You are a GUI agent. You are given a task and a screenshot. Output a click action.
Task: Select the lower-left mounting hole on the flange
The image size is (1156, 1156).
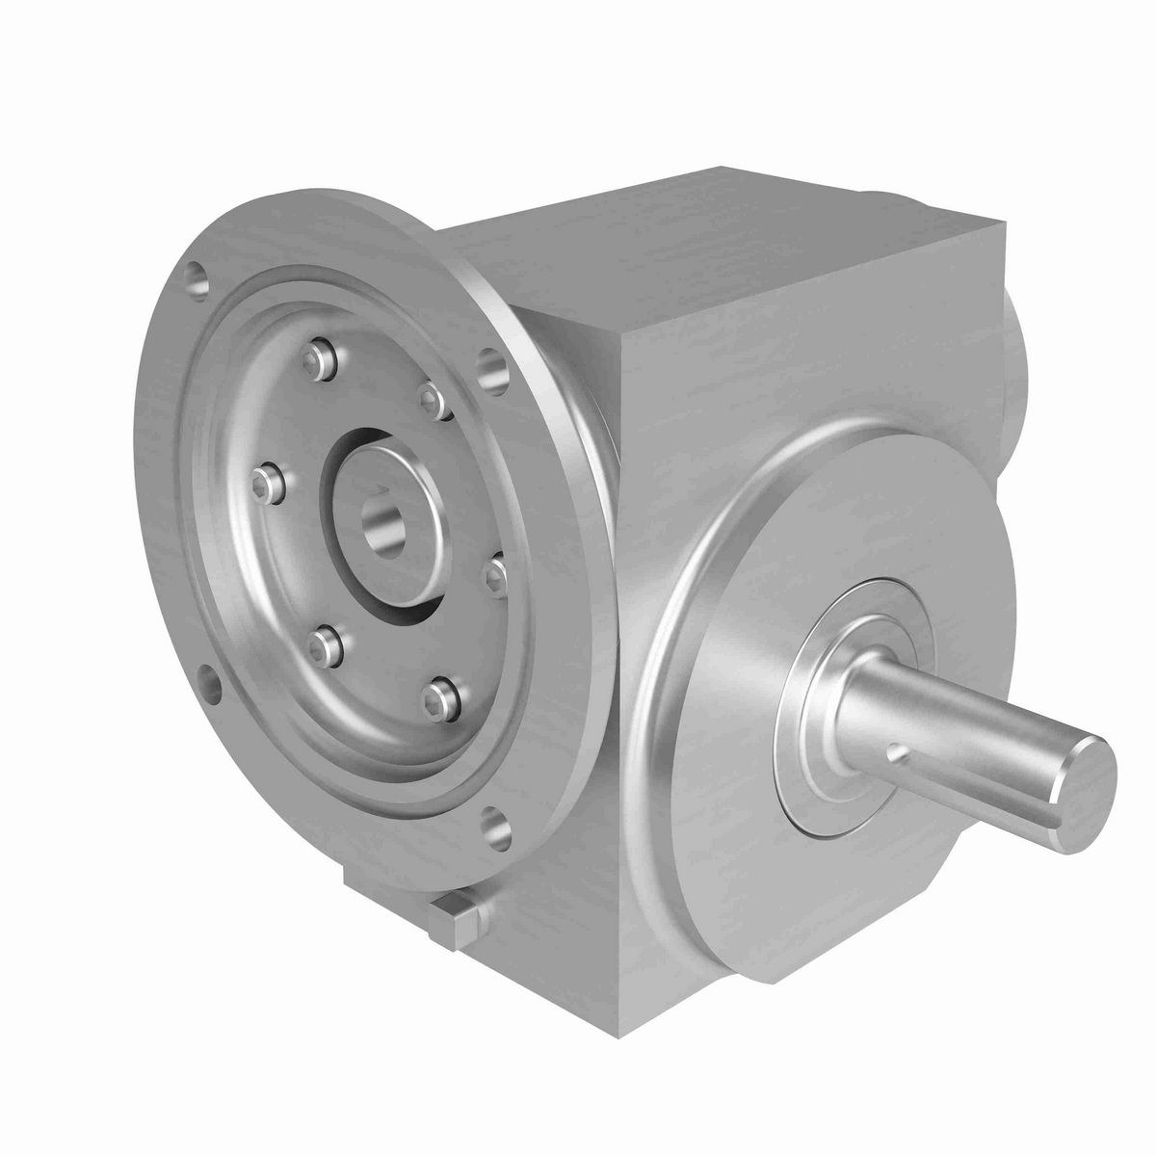point(208,682)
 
